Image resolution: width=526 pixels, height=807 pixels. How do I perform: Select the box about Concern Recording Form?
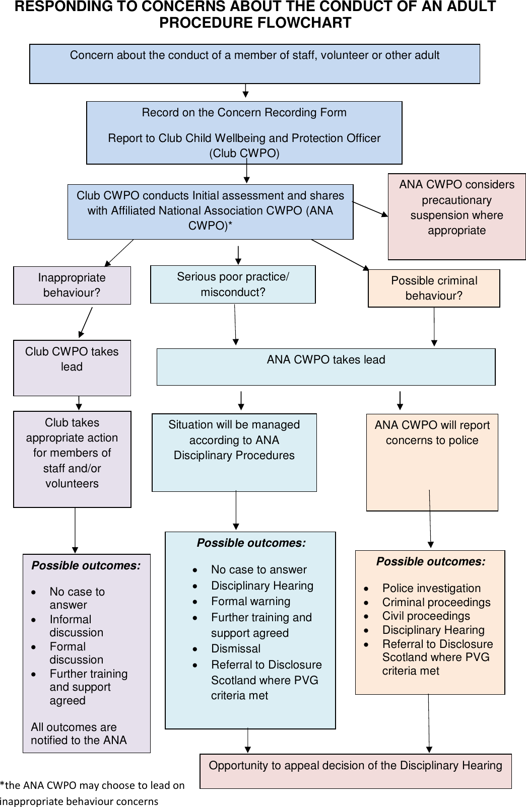coord(244,132)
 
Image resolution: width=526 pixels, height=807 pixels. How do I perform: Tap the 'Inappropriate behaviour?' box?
coord(72,285)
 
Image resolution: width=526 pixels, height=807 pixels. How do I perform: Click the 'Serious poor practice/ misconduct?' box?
coord(233,284)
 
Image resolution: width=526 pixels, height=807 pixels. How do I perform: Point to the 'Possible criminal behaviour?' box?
coord(434,288)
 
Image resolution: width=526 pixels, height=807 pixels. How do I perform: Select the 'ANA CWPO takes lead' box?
coord(326,366)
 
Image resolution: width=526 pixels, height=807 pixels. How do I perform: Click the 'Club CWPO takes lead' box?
coord(72,368)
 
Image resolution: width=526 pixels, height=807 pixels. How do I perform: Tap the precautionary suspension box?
coord(456,216)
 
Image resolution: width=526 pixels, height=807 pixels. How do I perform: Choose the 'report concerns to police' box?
coord(432,462)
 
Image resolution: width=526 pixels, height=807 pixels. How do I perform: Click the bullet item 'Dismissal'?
coord(236,648)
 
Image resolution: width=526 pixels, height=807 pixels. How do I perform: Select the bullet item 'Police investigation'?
coord(431,588)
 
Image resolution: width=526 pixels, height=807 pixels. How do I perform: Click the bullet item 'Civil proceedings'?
coord(426,616)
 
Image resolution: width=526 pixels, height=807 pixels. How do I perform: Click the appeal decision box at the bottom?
coord(355,771)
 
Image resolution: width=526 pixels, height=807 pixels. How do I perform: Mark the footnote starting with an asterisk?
coord(92,793)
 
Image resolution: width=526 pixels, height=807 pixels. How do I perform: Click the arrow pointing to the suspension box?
coord(370,209)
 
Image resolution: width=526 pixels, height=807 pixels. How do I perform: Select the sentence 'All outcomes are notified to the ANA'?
coord(79,733)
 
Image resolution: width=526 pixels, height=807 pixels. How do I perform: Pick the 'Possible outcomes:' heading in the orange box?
coord(431,561)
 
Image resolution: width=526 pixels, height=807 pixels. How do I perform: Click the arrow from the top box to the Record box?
coord(245,91)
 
